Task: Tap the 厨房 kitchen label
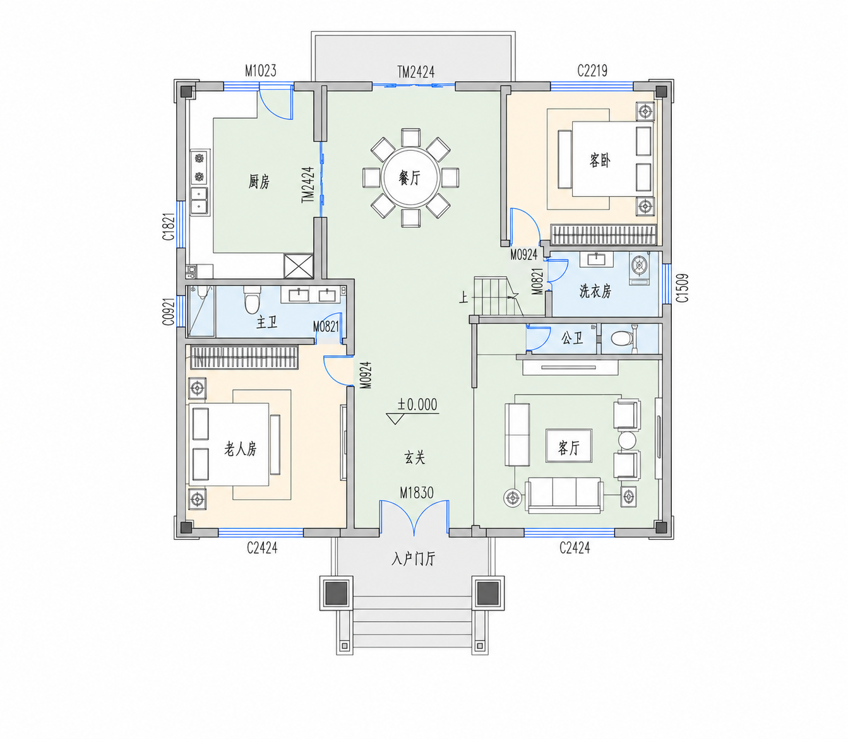(259, 181)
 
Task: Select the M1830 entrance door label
(417, 493)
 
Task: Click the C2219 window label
(592, 71)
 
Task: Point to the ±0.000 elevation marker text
(417, 405)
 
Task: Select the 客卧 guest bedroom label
(600, 160)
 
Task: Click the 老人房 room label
(241, 449)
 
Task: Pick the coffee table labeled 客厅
(569, 446)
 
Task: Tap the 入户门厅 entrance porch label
(413, 559)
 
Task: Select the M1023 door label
(260, 71)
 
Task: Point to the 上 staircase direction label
(463, 297)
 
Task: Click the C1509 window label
(682, 288)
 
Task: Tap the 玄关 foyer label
(415, 458)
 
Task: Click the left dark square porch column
(336, 593)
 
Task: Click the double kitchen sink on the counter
(200, 201)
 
